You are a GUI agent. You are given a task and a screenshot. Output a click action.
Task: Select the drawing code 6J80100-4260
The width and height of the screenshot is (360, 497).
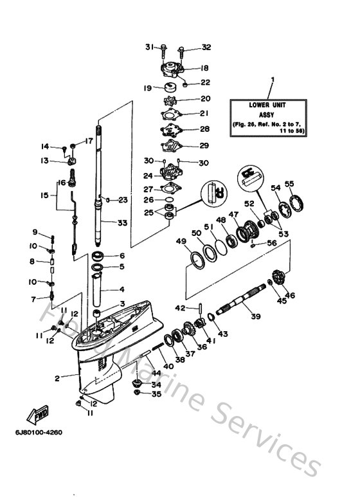(x=40, y=431)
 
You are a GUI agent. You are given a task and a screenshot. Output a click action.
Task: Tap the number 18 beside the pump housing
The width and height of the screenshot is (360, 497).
(x=204, y=68)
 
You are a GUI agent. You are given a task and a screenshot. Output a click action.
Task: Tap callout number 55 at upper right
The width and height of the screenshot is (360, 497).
(x=290, y=184)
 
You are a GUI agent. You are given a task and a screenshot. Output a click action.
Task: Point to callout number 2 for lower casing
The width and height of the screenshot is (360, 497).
(x=58, y=379)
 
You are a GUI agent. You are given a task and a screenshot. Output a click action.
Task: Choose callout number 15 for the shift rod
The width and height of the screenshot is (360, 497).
(x=44, y=194)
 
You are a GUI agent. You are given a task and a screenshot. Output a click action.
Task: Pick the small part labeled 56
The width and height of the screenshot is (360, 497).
(x=255, y=244)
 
